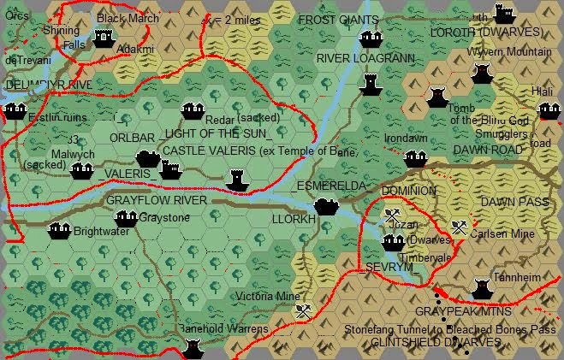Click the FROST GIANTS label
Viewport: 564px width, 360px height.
click(337, 20)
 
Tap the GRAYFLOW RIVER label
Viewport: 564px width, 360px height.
click(157, 200)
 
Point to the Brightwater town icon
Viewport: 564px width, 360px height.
click(59, 231)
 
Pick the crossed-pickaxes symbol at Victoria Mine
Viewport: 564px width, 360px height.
click(301, 312)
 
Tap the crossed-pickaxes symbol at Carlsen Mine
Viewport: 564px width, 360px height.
click(460, 227)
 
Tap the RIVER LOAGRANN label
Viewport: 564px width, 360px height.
click(365, 58)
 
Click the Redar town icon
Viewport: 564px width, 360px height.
click(193, 112)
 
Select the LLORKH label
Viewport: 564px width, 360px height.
click(293, 220)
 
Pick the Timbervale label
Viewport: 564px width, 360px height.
click(424, 257)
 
